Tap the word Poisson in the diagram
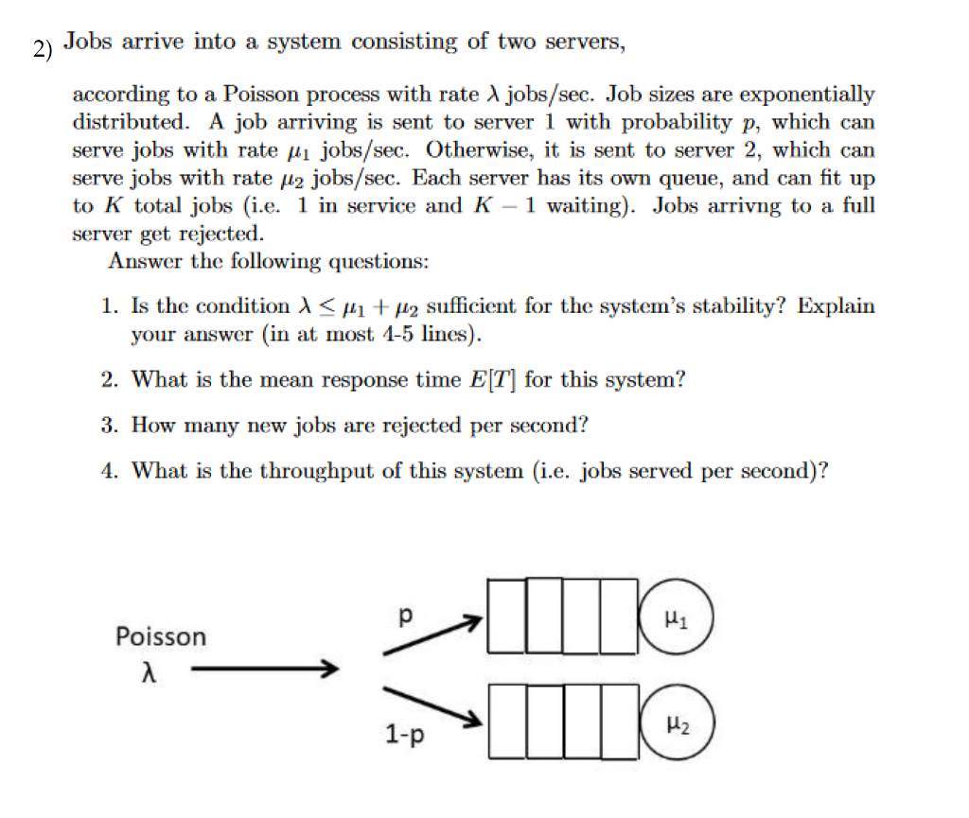[x=160, y=636]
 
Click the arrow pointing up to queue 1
[x=432, y=635]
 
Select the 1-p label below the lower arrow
[x=404, y=733]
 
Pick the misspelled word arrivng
[x=750, y=205]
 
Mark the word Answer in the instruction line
[x=142, y=261]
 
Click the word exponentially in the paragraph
[x=806, y=95]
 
